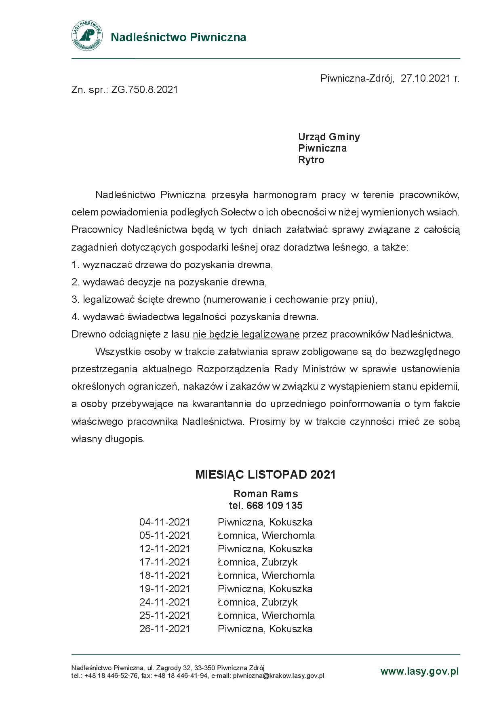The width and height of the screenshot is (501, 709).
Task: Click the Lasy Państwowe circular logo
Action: [87, 36]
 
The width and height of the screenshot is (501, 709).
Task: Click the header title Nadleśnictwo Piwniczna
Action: [178, 37]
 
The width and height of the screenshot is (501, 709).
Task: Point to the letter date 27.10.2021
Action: [425, 78]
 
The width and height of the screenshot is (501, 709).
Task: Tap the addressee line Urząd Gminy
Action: [329, 137]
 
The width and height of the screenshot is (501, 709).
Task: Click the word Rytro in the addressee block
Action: [311, 160]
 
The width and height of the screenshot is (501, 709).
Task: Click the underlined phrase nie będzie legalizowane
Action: [246, 335]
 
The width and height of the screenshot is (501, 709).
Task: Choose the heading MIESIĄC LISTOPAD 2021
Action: [265, 475]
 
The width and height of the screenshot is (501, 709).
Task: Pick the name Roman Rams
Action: [265, 494]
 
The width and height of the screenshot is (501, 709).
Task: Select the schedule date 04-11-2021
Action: [165, 522]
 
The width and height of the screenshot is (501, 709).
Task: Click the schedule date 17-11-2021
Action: [165, 562]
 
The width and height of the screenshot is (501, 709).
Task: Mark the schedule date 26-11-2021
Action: [165, 629]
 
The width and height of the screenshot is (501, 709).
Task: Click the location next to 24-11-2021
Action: [257, 602]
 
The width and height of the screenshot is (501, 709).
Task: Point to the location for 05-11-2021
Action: [266, 536]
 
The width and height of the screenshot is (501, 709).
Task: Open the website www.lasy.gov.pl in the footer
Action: [419, 671]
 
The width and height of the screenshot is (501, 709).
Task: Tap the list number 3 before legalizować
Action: [74, 300]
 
